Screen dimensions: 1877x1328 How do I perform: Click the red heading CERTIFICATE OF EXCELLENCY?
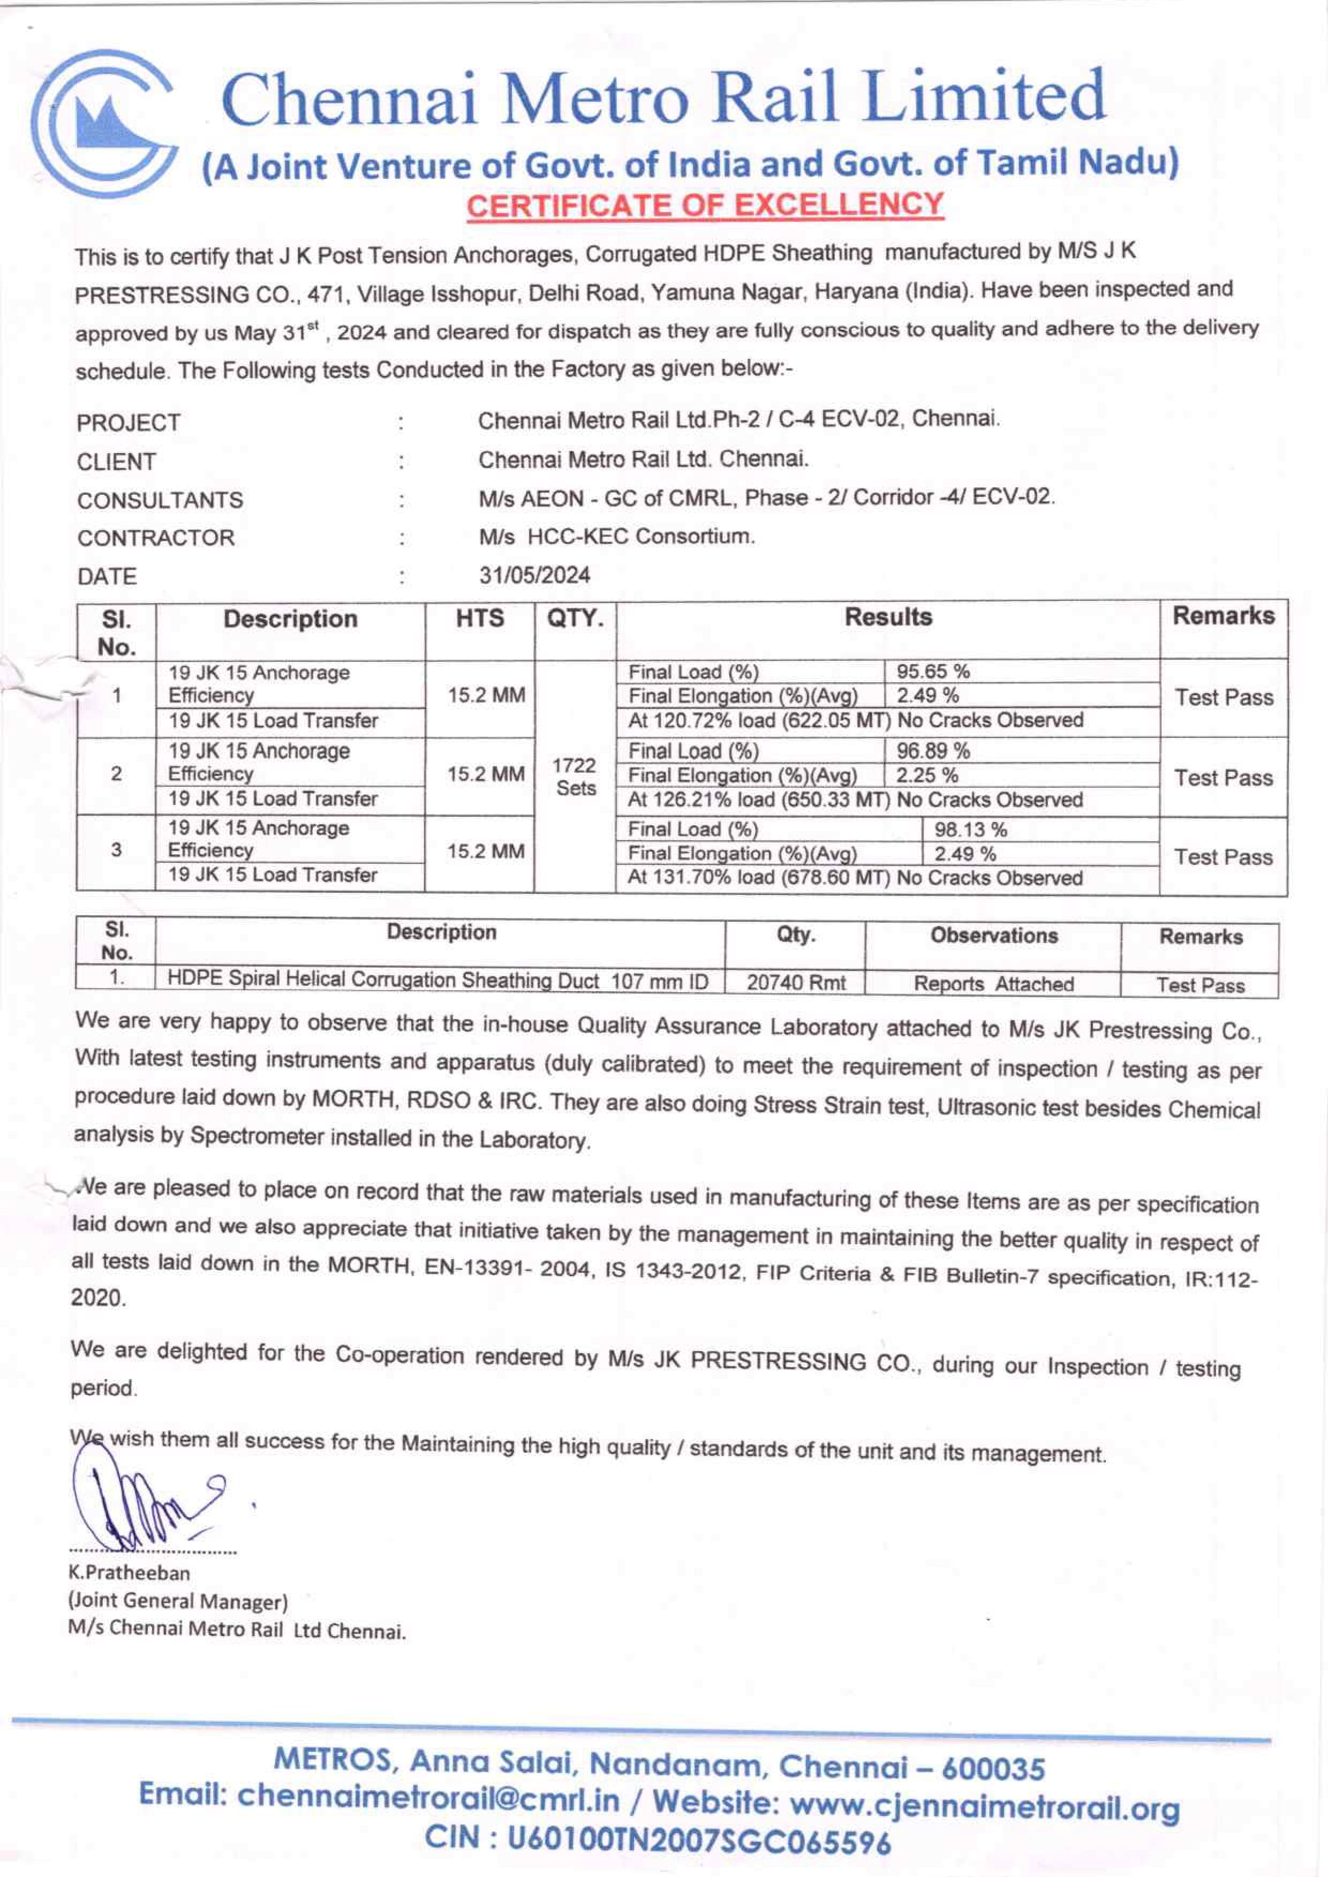pos(704,205)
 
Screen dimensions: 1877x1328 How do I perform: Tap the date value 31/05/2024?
pos(534,575)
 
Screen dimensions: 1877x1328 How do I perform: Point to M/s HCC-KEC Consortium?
pos(616,537)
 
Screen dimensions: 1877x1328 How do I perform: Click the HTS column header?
pos(479,619)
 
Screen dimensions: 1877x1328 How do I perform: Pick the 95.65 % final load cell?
pos(933,672)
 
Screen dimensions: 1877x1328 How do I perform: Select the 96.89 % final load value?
pos(933,750)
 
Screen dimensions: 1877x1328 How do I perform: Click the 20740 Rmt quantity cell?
pos(796,982)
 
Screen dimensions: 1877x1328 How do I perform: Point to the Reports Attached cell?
pos(993,984)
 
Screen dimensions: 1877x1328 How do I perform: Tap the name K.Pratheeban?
pos(129,1572)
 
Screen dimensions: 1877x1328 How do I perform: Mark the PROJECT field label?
pos(129,423)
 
